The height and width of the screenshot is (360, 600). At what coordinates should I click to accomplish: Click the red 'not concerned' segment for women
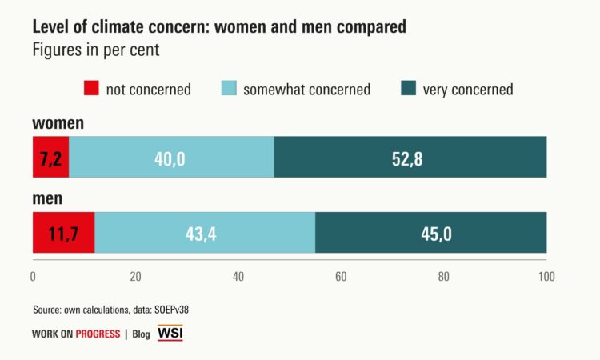[50, 157]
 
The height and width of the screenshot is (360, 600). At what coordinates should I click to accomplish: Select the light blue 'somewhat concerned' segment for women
[171, 157]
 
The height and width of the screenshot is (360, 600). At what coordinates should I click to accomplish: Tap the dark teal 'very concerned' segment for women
[410, 157]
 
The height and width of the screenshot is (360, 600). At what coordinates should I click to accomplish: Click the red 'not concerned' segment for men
[63, 233]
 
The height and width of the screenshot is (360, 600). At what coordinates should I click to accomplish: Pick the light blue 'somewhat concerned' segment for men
[205, 233]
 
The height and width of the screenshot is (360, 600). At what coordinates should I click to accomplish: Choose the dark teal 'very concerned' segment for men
[431, 233]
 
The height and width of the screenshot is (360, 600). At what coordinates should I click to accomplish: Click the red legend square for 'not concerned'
[91, 89]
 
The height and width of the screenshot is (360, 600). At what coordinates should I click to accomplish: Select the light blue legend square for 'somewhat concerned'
[229, 89]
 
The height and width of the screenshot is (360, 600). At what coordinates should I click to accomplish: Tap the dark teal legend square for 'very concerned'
[408, 89]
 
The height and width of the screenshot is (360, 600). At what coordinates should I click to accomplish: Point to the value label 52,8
[406, 158]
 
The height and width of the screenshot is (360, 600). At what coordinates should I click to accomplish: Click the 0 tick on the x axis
[33, 277]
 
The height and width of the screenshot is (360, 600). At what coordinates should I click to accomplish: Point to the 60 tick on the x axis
[341, 277]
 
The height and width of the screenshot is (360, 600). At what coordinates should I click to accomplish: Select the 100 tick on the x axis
[546, 277]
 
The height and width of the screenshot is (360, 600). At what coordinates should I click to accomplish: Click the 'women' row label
[58, 123]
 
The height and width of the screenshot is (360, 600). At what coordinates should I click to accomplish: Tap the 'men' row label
[48, 199]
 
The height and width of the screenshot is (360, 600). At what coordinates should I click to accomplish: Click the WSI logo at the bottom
[170, 333]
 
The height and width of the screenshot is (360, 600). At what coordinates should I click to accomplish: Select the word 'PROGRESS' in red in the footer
[98, 334]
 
